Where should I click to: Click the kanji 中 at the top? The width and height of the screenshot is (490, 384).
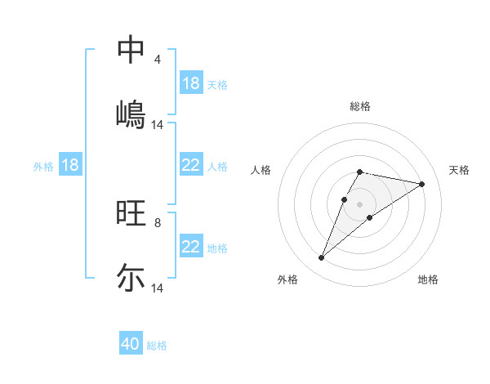[131, 49]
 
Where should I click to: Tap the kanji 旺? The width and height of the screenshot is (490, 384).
[131, 213]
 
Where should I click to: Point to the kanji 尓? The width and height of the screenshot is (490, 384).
[131, 278]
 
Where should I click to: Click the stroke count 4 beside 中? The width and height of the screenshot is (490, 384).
[158, 60]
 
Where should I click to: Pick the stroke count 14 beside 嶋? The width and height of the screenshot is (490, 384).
[158, 125]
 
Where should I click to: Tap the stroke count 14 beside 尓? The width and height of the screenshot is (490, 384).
[158, 289]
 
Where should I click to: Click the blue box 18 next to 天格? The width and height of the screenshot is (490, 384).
[191, 83]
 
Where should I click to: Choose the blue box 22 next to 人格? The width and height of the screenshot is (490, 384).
[191, 165]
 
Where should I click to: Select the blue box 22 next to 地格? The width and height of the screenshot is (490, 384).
[191, 247]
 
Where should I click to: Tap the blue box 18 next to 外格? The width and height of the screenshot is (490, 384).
[70, 165]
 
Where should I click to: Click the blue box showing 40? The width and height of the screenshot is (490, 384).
[131, 345]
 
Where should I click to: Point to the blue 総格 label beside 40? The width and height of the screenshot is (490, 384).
[157, 346]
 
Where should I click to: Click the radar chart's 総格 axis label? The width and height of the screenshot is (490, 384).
[359, 106]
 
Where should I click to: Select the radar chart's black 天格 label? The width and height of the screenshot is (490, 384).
[460, 170]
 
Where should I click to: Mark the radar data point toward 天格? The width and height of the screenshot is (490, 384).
[422, 184]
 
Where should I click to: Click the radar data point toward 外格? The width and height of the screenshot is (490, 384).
[321, 258]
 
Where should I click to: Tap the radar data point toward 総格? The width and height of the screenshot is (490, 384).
[359, 172]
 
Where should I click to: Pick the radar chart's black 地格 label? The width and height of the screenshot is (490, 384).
[428, 280]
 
